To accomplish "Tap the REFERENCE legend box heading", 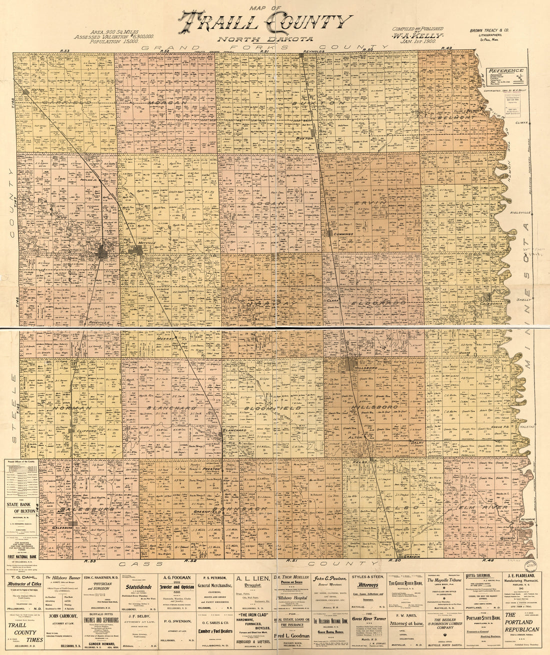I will (x=506, y=71).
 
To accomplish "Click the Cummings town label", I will (x=342, y=234).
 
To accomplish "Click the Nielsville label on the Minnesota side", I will (x=520, y=213).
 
